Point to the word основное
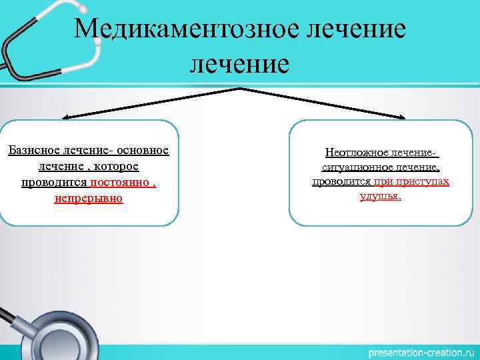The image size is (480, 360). click(x=141, y=149)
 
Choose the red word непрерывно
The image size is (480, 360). click(x=89, y=199)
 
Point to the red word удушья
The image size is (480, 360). click(x=380, y=197)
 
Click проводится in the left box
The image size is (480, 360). click(x=55, y=182)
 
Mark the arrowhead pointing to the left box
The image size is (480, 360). click(x=56, y=119)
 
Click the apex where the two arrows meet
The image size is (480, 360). click(x=239, y=89)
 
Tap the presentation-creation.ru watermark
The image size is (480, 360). click(x=420, y=351)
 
